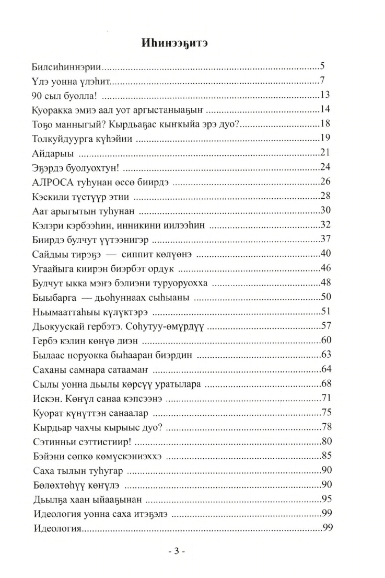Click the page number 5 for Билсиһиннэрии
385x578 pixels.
[x=322, y=67]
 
